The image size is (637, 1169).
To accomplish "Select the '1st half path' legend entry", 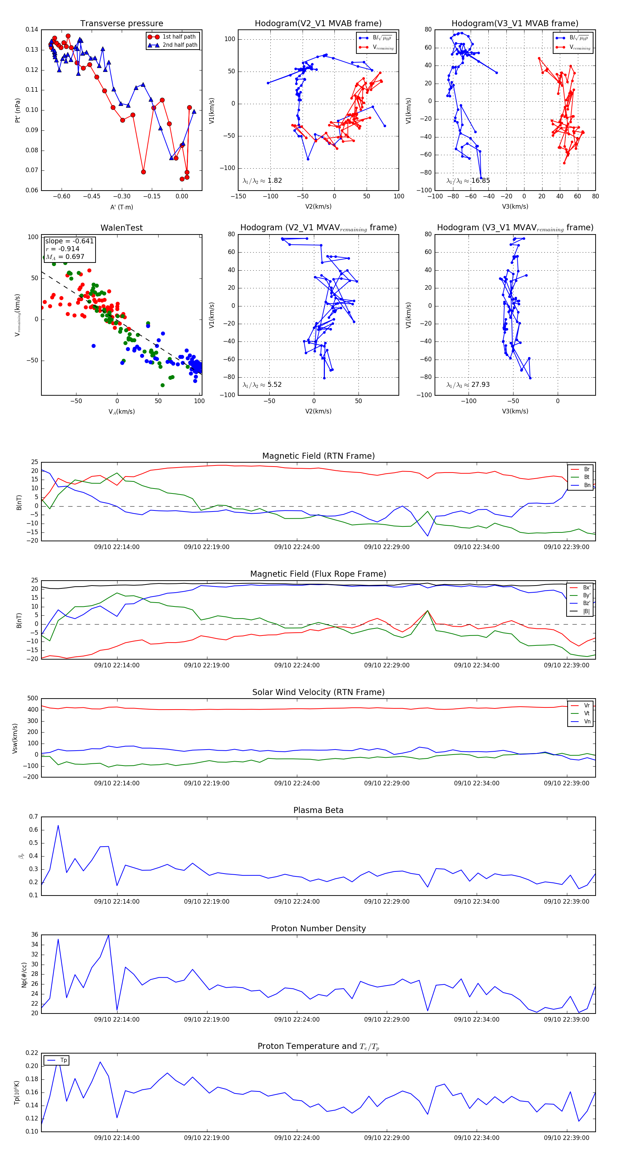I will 179,37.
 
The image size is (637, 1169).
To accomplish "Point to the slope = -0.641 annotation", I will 69,241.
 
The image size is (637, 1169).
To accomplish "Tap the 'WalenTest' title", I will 121,228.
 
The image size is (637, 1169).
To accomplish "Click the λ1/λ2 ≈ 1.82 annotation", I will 263,181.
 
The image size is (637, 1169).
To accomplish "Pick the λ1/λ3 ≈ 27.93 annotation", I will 468,385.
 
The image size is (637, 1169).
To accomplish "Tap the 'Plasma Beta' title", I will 318,811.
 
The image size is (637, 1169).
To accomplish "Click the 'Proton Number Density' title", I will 318,928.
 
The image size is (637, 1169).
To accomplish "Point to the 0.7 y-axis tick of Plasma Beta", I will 34,817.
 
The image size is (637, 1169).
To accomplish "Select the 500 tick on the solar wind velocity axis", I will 33,699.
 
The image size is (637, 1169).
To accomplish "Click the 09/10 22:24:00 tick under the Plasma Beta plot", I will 297,902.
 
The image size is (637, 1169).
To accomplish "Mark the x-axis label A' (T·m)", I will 121,207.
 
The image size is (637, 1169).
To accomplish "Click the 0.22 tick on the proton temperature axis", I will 32,1053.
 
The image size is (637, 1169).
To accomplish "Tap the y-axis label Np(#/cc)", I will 24,975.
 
